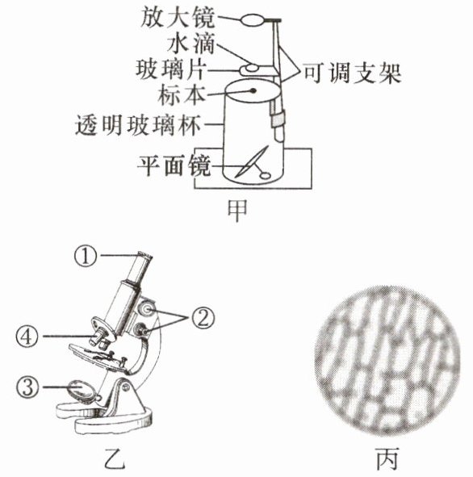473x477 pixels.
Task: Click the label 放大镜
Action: (x=178, y=19)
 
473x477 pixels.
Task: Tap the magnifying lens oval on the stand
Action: (x=252, y=21)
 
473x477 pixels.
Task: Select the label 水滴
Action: (x=191, y=44)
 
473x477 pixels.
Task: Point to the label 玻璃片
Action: (x=171, y=69)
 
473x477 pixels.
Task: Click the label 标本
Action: (x=182, y=95)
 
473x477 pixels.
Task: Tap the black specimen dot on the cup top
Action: (x=253, y=90)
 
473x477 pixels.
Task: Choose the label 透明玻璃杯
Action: (x=138, y=125)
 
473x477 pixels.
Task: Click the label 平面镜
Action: (x=174, y=165)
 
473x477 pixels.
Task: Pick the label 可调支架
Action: (x=352, y=73)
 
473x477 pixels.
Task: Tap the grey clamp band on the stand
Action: (x=278, y=119)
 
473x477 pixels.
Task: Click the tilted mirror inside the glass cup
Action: (x=252, y=161)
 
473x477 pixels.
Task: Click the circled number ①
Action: (x=86, y=256)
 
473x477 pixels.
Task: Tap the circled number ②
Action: (x=203, y=318)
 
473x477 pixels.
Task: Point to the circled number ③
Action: (x=27, y=387)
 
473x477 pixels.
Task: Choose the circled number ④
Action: (x=27, y=337)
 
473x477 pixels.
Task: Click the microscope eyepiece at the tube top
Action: (x=144, y=256)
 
